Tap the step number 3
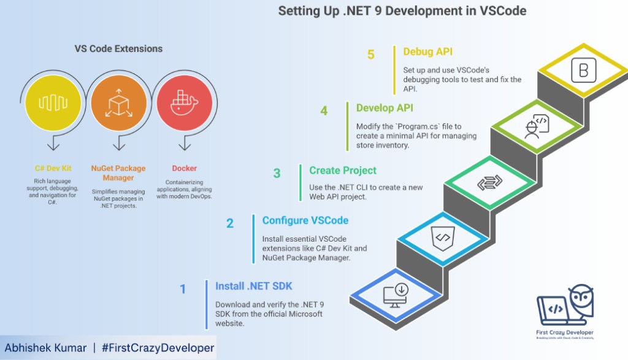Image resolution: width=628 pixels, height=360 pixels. (277, 174)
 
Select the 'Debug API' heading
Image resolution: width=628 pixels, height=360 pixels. (427, 52)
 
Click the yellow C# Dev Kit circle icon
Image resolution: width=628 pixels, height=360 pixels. (53, 102)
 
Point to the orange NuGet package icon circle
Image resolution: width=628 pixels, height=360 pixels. (118, 102)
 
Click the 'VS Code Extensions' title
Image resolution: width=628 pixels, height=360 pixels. (118, 48)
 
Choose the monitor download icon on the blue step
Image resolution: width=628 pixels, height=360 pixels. (395, 294)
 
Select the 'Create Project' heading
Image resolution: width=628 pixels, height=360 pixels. (343, 170)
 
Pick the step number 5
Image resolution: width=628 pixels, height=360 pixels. (371, 55)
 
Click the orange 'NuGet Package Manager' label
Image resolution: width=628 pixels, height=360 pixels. (118, 172)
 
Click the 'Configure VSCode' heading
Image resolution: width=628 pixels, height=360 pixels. (305, 220)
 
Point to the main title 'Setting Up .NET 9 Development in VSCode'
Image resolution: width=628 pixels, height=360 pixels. (402, 10)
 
